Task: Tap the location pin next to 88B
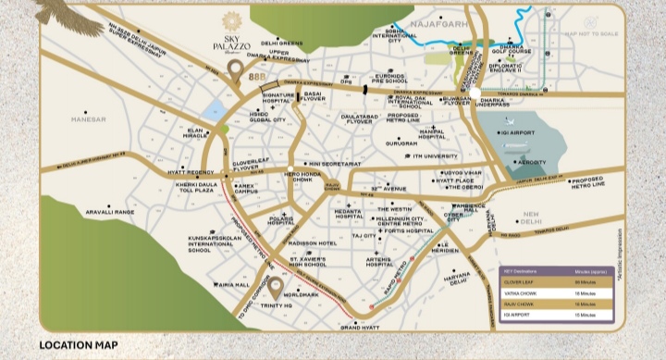(x=236, y=71)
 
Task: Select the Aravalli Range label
(x=110, y=212)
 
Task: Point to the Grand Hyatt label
(x=361, y=328)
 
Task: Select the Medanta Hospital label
(x=343, y=214)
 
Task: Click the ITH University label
(x=413, y=157)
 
